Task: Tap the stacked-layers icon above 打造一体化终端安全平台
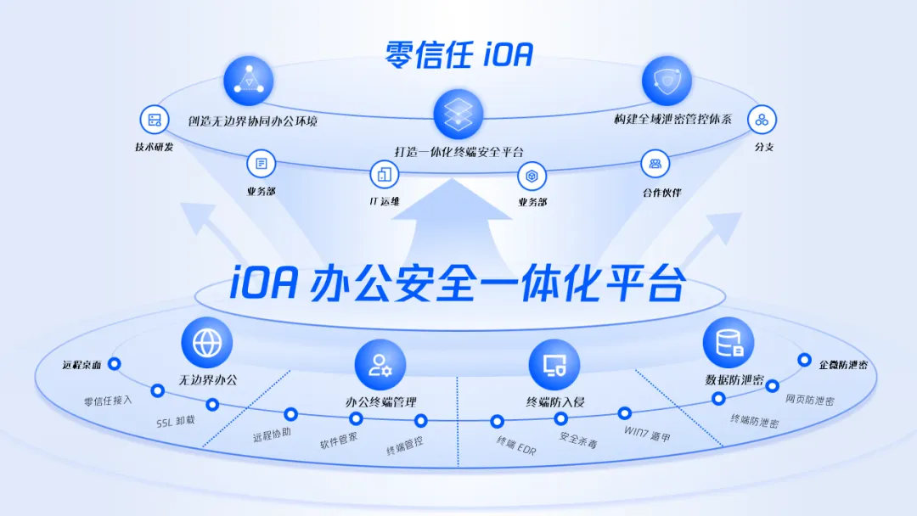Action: (458, 115)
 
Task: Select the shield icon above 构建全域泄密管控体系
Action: (667, 81)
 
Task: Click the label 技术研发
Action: (154, 147)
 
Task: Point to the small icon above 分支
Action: (762, 120)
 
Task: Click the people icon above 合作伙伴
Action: (655, 163)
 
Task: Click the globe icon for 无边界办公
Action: (206, 343)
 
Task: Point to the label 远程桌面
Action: (82, 366)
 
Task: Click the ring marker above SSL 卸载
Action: (212, 405)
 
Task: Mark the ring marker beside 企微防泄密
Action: (804, 360)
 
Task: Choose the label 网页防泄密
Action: (809, 399)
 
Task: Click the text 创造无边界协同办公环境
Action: (253, 121)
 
